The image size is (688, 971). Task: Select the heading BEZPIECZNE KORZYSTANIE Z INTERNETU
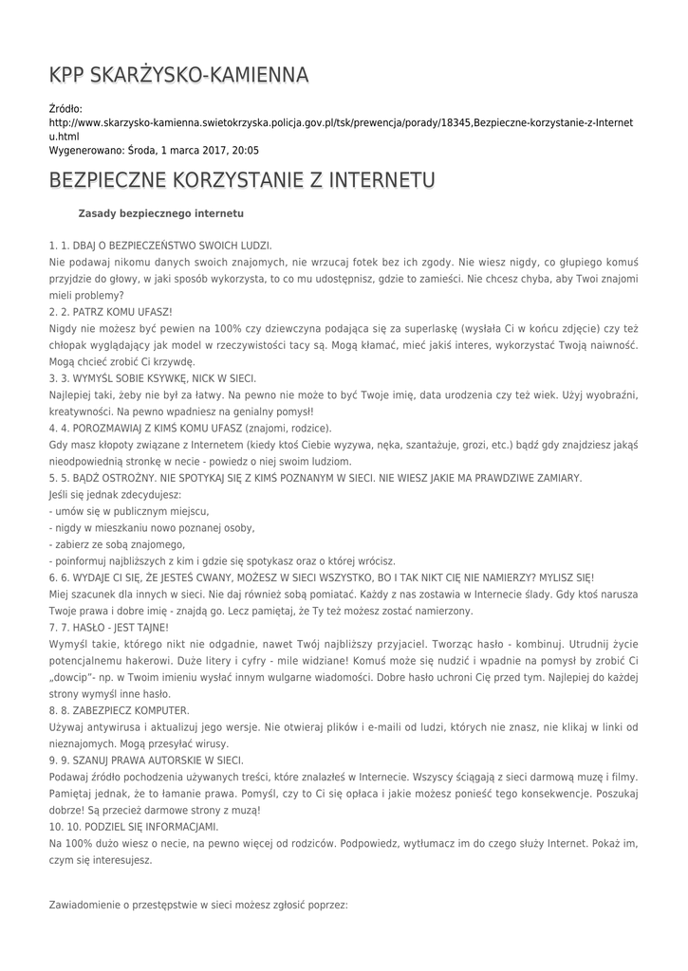[x=242, y=180]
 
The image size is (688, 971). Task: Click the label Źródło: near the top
[x=65, y=109]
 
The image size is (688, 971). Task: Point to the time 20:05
[x=245, y=150]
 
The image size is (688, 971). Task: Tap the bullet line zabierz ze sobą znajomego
[x=117, y=544]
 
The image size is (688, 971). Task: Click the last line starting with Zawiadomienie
[x=198, y=906]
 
